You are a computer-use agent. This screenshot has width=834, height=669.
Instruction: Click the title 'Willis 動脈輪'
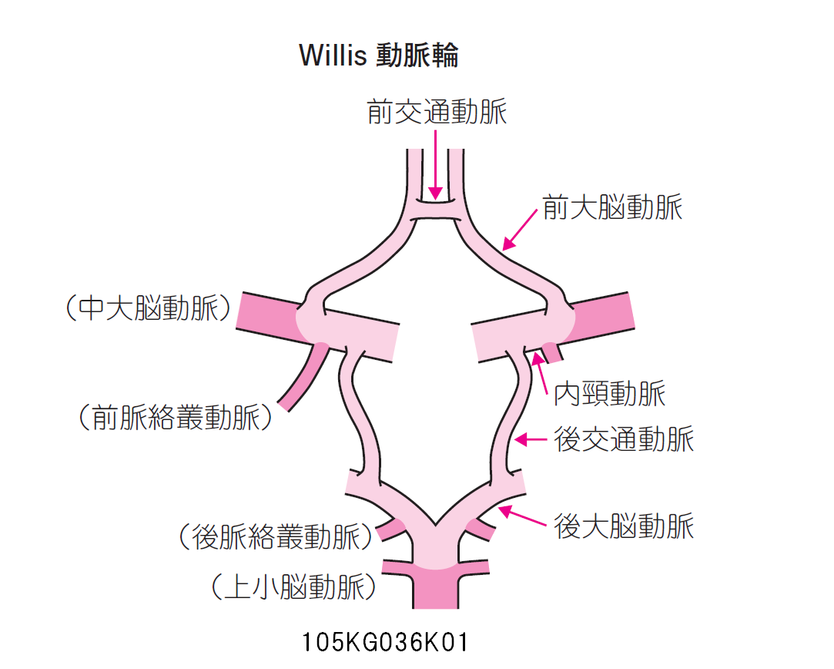pyautogui.click(x=378, y=55)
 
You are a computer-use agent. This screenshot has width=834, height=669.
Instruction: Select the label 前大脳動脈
pyautogui.click(x=612, y=208)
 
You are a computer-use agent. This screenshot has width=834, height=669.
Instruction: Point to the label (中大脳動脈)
pyautogui.click(x=148, y=309)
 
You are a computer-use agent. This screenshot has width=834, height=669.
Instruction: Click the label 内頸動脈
pyautogui.click(x=610, y=394)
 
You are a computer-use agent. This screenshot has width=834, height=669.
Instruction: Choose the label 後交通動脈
pyautogui.click(x=624, y=439)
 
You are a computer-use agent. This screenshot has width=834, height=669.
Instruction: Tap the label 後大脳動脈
pyautogui.click(x=624, y=526)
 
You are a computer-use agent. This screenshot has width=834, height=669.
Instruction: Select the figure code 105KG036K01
pyautogui.click(x=385, y=642)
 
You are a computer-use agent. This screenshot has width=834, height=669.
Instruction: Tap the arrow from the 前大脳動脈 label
pyautogui.click(x=520, y=229)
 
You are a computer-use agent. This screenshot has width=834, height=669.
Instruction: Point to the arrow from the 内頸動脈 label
pyautogui.click(x=539, y=369)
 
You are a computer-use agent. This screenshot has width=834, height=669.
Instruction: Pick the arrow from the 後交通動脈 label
pyautogui.click(x=531, y=440)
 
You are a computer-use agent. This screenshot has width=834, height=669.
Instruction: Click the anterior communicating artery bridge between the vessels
pyautogui.click(x=436, y=209)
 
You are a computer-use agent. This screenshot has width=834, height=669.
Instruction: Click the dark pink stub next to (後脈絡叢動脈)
pyautogui.click(x=392, y=529)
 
